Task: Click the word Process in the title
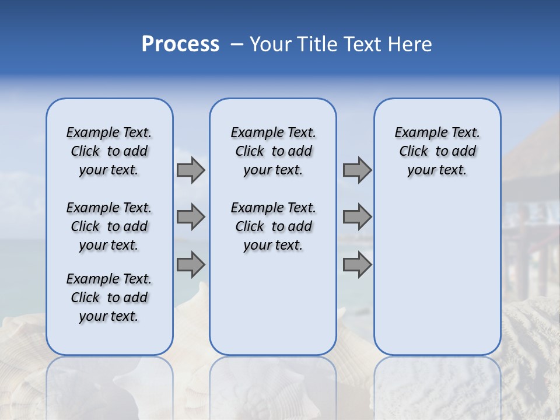(180, 44)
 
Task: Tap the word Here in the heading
(411, 44)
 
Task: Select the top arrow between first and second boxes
(191, 170)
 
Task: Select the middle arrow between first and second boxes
(191, 217)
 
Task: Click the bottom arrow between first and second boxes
(191, 264)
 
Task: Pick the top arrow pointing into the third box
(357, 170)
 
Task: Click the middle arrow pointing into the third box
(357, 217)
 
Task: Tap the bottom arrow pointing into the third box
(357, 264)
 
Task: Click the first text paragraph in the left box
(109, 151)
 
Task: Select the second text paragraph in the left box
(109, 226)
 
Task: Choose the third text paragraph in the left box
(109, 297)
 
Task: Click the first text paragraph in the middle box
(273, 151)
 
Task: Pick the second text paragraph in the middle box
(273, 226)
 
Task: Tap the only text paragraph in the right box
(437, 151)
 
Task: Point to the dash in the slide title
(237, 44)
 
